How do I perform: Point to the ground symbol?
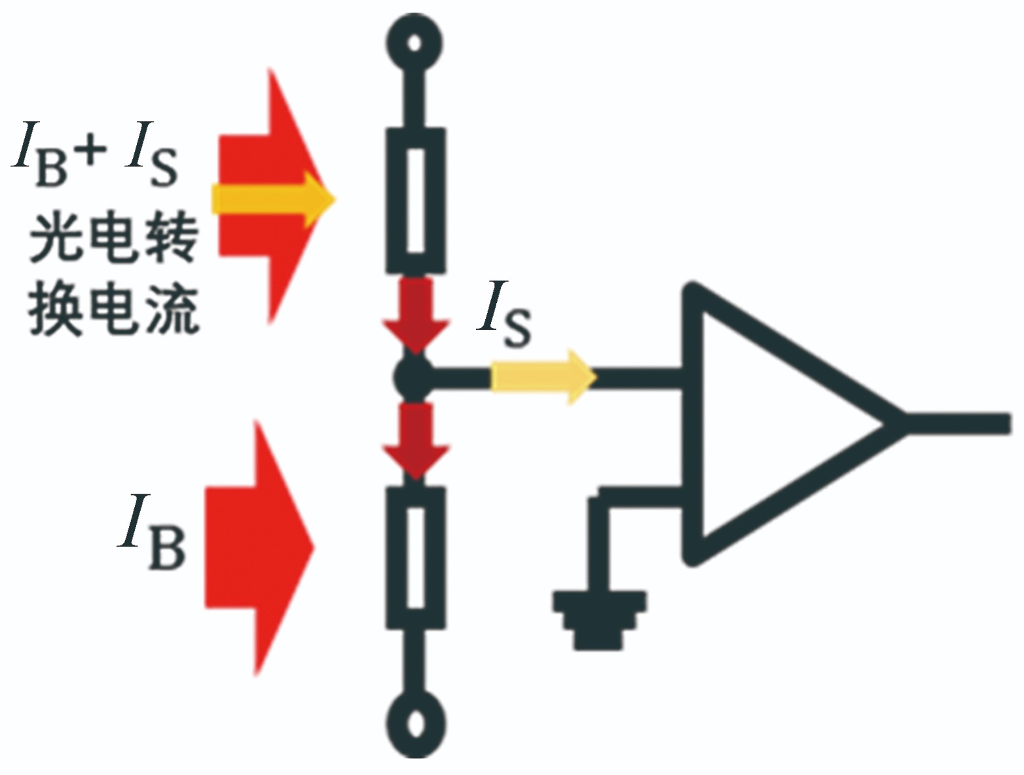pyautogui.click(x=600, y=620)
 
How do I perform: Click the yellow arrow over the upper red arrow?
pyautogui.click(x=273, y=200)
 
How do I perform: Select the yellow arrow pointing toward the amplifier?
pyautogui.click(x=543, y=377)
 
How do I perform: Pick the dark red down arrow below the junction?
pyautogui.click(x=416, y=441)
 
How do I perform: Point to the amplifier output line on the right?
pyautogui.click(x=959, y=424)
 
